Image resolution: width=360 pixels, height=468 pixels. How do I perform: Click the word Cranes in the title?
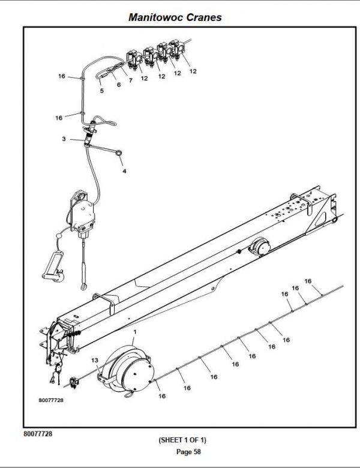(205, 17)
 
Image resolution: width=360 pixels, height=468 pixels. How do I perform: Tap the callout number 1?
(135, 332)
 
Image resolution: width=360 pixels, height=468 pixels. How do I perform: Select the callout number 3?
(64, 139)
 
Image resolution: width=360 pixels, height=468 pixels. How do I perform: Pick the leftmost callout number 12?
(144, 77)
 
